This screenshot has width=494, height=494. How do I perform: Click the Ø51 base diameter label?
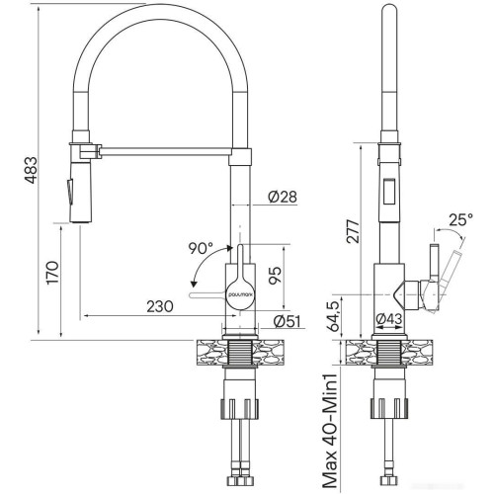pos(286,321)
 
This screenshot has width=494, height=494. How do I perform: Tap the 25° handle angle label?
pos(459,218)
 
